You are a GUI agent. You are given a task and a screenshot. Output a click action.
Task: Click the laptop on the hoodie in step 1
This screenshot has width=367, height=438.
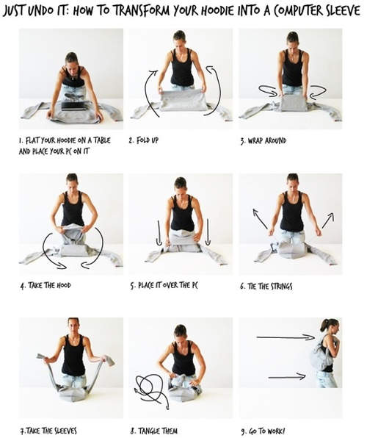tap(74, 106)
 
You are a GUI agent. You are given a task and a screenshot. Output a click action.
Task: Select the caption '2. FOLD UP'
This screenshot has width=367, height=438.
tap(143, 140)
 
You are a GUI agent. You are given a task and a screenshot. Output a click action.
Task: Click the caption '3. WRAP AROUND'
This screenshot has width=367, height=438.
tap(264, 140)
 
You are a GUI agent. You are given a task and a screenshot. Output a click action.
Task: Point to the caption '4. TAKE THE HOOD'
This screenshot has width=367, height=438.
tap(46, 285)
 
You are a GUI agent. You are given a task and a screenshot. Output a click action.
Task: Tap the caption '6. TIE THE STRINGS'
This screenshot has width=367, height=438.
tap(266, 287)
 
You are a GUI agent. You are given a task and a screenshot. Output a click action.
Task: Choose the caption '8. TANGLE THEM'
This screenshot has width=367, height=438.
tap(154, 431)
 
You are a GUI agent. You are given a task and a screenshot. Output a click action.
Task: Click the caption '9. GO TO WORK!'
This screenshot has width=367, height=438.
tap(263, 431)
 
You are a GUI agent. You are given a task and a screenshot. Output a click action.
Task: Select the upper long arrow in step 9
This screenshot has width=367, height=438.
tap(286, 338)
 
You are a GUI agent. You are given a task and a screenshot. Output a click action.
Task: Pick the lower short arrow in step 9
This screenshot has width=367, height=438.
tap(287, 377)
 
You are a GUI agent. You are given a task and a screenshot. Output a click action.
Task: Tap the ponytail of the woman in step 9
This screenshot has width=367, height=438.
tap(324, 326)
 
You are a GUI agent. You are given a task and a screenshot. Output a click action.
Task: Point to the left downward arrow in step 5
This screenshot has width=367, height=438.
tap(159, 233)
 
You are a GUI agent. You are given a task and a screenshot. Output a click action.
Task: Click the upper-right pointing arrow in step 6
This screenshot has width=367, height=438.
tap(328, 220)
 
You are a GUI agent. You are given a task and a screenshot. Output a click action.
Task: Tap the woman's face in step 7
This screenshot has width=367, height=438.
tap(73, 326)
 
